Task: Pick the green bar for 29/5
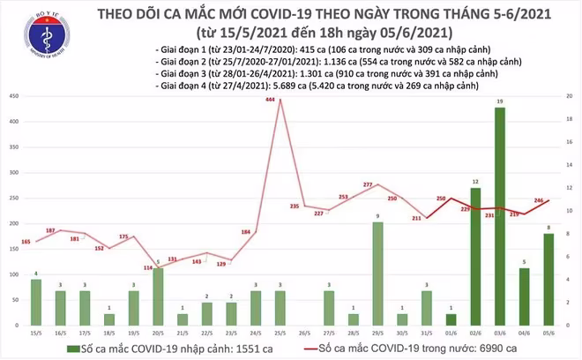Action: click(x=377, y=274)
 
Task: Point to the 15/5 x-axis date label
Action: click(x=36, y=333)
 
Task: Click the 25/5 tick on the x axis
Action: click(x=280, y=333)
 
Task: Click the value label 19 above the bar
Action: click(x=499, y=102)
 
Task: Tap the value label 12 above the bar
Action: click(x=476, y=181)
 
